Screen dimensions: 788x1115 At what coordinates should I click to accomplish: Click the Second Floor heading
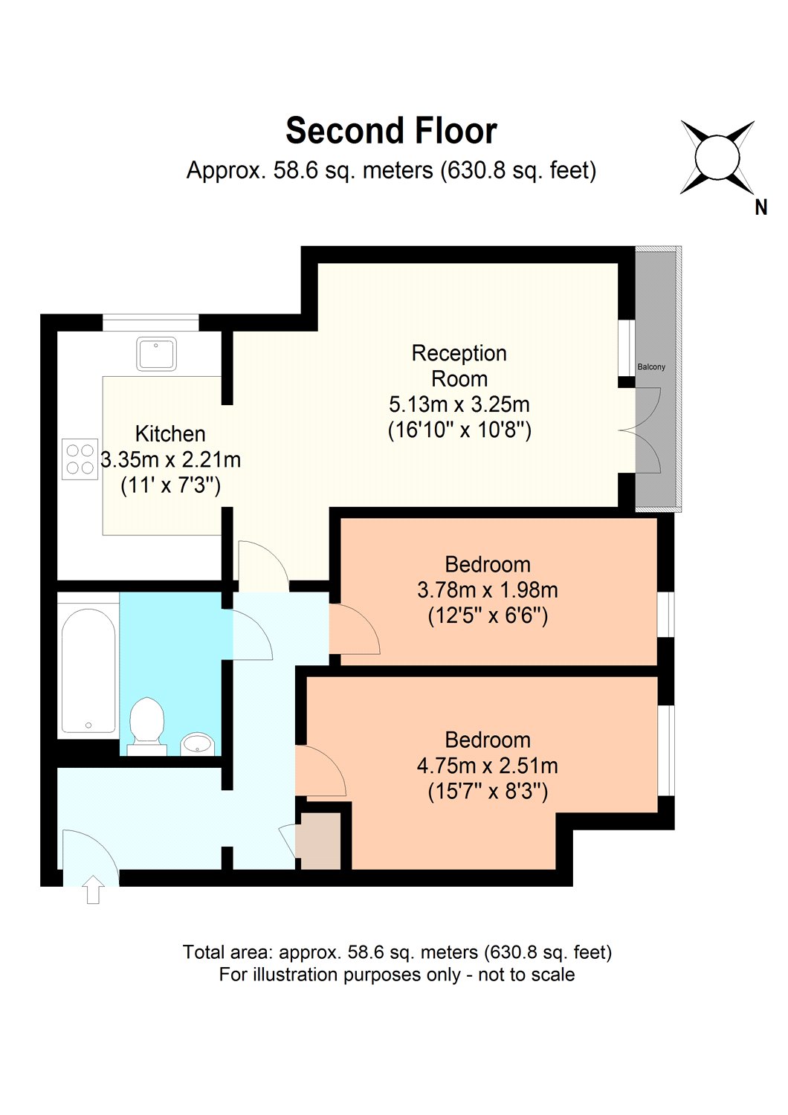coord(391,131)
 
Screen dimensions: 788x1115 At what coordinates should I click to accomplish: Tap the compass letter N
coord(760,207)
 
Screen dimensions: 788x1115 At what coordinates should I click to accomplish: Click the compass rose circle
coord(717,157)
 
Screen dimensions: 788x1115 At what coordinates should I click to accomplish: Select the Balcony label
coord(651,367)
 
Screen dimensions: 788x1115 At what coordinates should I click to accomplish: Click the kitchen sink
coord(156,354)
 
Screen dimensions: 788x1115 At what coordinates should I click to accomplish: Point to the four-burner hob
coord(80,459)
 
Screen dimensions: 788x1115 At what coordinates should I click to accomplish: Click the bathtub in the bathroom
coord(88,670)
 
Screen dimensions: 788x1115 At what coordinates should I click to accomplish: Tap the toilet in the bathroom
coord(147,726)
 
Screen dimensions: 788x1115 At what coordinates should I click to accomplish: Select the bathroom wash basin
coord(198,745)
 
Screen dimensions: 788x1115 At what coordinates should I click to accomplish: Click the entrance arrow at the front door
coord(93,890)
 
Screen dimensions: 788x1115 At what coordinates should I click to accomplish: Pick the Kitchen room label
coord(170,434)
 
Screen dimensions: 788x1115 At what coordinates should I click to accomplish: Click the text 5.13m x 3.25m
coord(459,404)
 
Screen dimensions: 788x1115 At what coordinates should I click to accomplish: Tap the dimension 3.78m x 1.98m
coord(488,590)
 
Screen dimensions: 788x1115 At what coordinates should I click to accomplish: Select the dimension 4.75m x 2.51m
coord(488,766)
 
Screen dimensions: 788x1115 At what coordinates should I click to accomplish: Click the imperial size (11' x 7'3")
coord(171,485)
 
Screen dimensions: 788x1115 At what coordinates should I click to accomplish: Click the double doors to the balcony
coord(639,430)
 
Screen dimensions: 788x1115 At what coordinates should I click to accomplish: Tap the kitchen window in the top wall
coord(151,322)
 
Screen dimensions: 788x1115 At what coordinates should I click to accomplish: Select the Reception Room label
coord(459,366)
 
